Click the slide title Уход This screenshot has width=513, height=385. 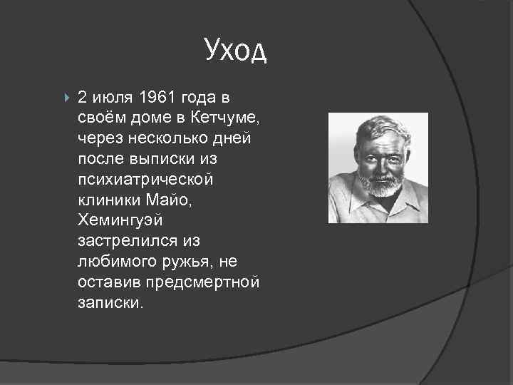(x=235, y=50)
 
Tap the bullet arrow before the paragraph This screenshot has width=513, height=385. (x=66, y=96)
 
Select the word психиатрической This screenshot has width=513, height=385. (x=145, y=179)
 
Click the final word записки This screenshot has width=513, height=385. (x=110, y=303)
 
